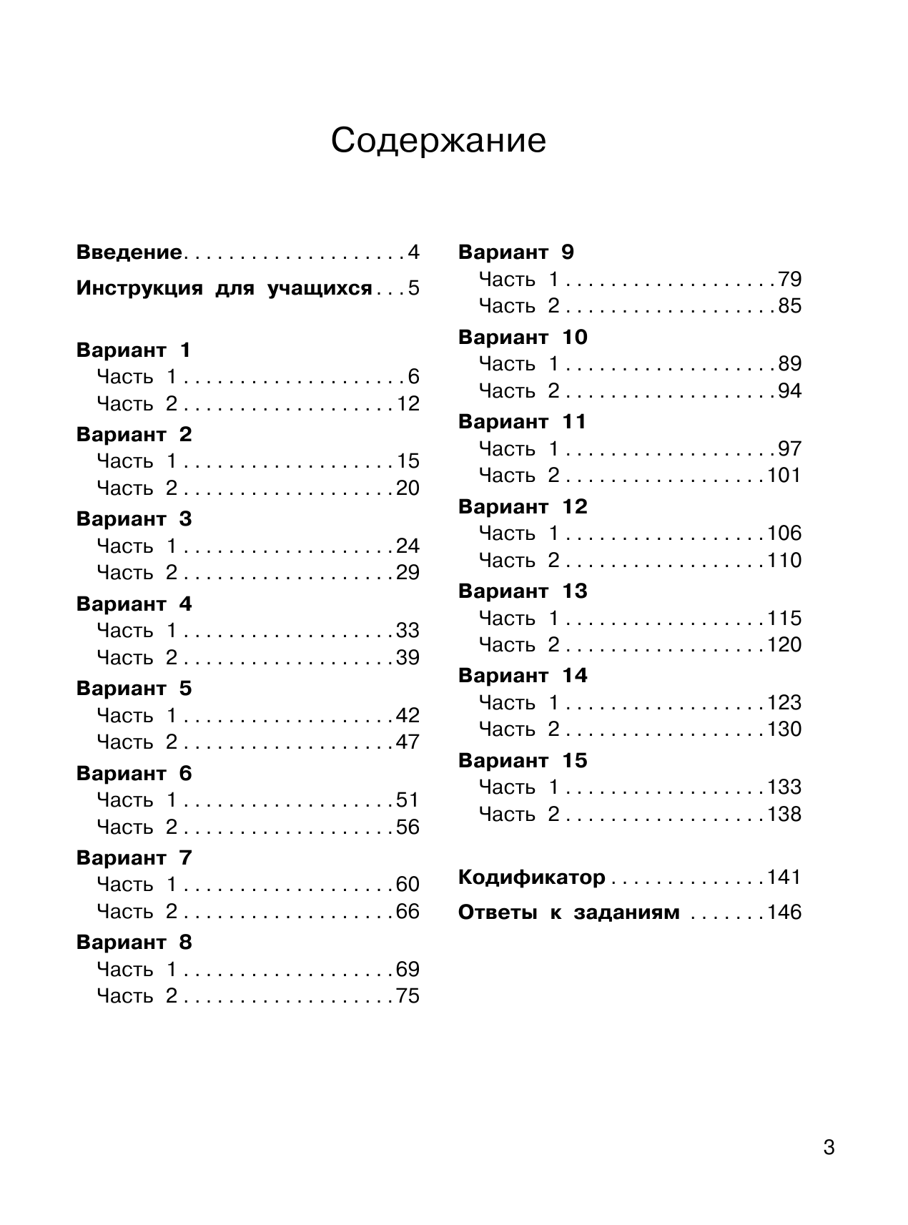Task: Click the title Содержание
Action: click(438, 141)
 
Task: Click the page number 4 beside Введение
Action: click(413, 252)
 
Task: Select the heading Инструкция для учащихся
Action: click(224, 288)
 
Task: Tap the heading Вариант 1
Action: click(134, 350)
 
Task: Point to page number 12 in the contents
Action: click(408, 404)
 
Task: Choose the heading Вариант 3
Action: click(134, 519)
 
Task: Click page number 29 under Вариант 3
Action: click(408, 573)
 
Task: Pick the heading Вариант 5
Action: click(134, 689)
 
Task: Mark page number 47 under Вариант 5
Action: click(408, 742)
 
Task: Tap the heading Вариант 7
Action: click(134, 858)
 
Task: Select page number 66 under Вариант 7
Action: click(408, 912)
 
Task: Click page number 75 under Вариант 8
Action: click(408, 996)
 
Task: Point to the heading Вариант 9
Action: click(515, 252)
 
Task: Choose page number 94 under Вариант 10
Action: click(789, 391)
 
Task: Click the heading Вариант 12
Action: click(523, 507)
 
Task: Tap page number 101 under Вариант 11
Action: click(784, 476)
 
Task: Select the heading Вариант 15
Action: click(523, 761)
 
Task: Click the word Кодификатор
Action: click(531, 877)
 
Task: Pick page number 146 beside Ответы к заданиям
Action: click(784, 912)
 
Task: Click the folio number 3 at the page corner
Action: click(829, 1148)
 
